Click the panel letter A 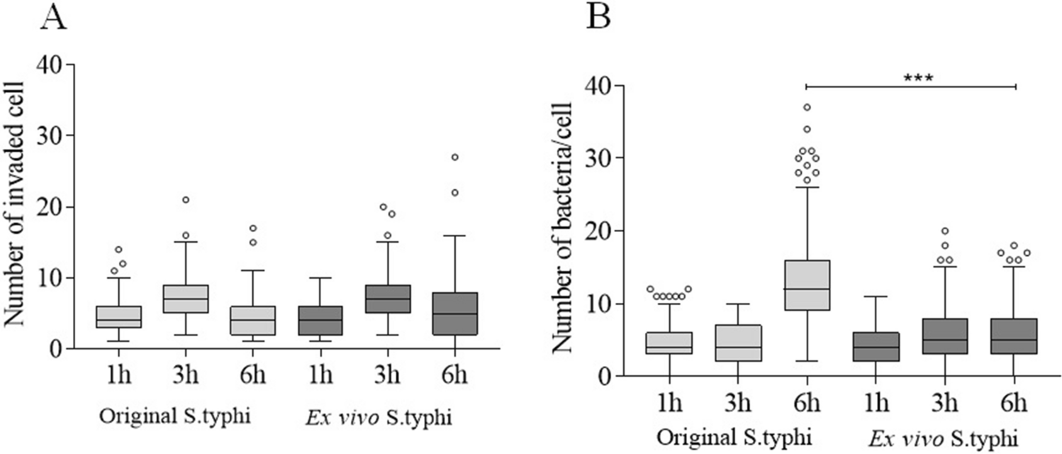tap(55, 16)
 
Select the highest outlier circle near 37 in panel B tap(807, 108)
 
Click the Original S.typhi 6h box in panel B tap(807, 285)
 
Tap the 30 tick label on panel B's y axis tap(598, 158)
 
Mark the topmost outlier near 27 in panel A tap(454, 157)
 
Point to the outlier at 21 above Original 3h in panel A tap(185, 199)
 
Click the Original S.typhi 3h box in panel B tap(738, 343)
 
